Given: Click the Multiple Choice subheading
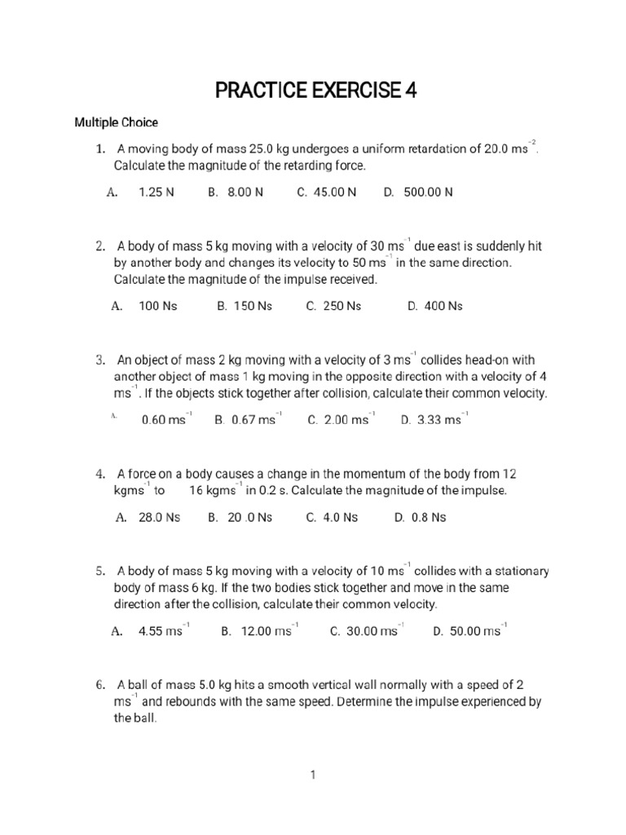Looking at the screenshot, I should (x=117, y=123).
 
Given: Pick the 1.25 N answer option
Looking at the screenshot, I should (x=156, y=192).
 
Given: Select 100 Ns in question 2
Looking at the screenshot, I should (x=157, y=307).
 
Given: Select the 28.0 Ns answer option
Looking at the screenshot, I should (x=159, y=517).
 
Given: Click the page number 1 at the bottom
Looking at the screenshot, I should (x=312, y=776).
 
